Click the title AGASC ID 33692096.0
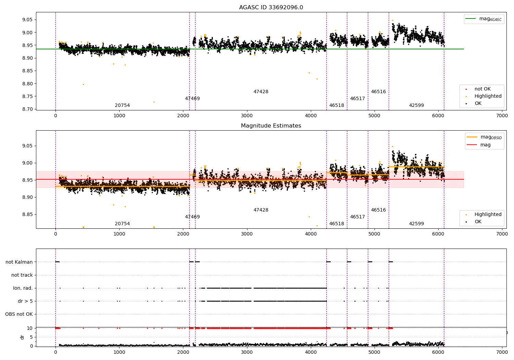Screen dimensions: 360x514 [271, 8]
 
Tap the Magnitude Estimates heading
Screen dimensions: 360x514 [271, 126]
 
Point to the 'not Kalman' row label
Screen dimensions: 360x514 [19, 262]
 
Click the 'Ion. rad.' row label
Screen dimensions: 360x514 [23, 288]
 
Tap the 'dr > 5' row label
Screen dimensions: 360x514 [25, 301]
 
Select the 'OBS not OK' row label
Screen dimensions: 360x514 [19, 314]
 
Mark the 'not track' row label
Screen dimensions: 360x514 [22, 275]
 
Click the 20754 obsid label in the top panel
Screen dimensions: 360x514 [122, 106]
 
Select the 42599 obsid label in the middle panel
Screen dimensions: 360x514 [416, 224]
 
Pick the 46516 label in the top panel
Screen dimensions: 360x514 [378, 92]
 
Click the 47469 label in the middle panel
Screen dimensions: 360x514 [192, 217]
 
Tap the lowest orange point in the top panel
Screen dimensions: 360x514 [154, 102]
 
